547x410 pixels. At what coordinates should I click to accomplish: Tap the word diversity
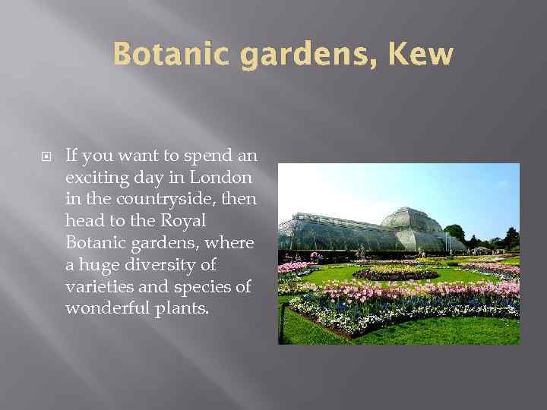[182, 265]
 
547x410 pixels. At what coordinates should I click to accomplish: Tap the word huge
[97, 266]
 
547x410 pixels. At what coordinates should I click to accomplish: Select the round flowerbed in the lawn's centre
[395, 273]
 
